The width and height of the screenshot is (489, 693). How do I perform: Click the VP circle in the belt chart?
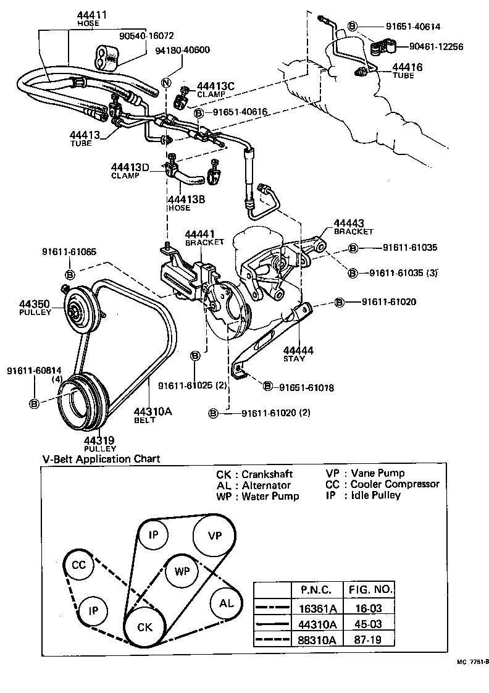pos(214,535)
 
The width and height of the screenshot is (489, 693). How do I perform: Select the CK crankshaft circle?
pos(144,626)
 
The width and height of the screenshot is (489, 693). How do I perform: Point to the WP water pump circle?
pos(182,571)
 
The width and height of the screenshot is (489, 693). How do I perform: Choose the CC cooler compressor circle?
pos(78,565)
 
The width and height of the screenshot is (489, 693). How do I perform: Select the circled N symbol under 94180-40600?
pos(165,83)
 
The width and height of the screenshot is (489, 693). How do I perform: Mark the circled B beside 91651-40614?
pos(352,26)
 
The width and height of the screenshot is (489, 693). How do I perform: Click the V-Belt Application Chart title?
pos(101,459)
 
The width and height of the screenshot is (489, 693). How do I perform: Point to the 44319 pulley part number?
pos(99,440)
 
